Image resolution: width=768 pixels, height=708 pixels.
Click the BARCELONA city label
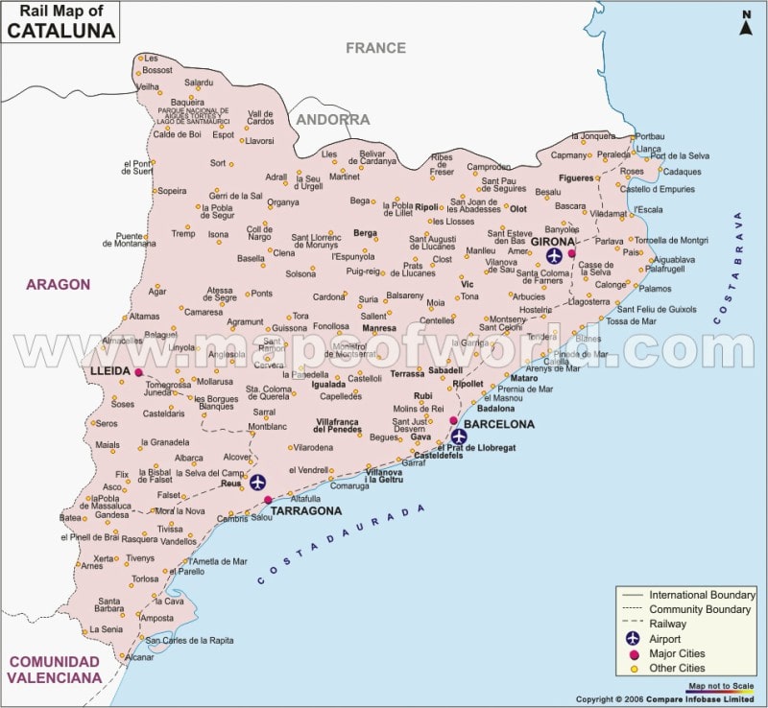point(499,424)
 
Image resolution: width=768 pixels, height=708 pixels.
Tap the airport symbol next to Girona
point(554,255)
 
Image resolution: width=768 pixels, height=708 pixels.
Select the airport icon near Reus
point(257,482)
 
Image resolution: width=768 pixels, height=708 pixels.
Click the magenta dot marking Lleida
point(138,371)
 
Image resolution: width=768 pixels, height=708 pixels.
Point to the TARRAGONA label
point(306,511)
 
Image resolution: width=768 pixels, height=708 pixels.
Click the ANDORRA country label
point(332,120)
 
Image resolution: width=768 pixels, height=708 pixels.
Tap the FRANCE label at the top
point(375,47)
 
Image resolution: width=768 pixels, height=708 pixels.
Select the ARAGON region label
point(58,285)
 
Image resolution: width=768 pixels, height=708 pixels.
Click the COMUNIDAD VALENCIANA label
point(54,670)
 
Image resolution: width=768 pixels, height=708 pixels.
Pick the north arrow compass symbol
point(745,23)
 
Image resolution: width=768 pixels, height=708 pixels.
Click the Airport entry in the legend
point(665,639)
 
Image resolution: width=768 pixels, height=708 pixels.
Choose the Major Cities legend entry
point(677,653)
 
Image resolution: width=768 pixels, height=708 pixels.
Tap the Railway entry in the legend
point(670,624)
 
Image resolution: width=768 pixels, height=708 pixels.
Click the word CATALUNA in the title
point(61,31)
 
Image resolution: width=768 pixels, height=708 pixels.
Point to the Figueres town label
point(576,178)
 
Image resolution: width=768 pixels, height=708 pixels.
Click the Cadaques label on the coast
point(682,172)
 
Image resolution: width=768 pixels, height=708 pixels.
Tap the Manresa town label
point(378,328)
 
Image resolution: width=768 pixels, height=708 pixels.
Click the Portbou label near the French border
point(649,136)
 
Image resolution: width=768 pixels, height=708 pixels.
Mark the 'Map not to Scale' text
point(721,683)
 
